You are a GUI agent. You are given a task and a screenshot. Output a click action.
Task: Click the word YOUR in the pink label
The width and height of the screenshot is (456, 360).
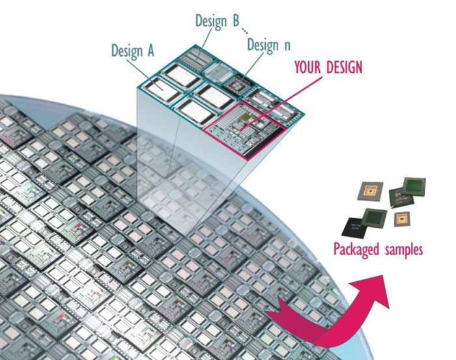click(308, 67)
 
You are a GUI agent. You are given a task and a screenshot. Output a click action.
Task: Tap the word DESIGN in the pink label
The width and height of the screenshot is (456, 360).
click(345, 67)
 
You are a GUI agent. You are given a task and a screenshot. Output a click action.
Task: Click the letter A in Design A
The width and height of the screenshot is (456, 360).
click(150, 51)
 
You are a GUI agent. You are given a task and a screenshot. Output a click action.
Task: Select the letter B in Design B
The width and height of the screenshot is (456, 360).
click(235, 20)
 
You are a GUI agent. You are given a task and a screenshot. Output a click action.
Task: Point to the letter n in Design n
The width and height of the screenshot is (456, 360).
click(287, 46)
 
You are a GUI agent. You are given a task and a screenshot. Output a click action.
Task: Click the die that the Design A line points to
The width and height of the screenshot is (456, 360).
click(162, 89)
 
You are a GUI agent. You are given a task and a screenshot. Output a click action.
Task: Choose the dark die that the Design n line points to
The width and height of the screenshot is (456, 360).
click(238, 83)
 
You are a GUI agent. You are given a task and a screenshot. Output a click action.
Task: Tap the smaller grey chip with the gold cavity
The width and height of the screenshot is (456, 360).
click(402, 219)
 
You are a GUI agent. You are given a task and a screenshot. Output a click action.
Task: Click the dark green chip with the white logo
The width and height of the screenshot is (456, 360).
click(401, 198)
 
